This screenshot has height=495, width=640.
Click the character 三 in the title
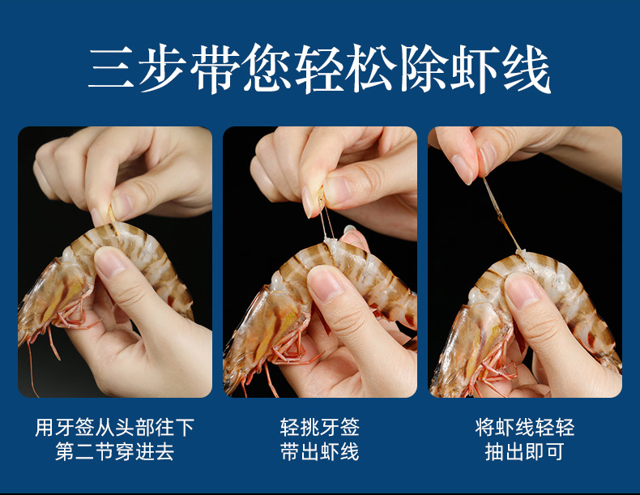111,68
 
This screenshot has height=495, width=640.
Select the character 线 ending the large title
527,68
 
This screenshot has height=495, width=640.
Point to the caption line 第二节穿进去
115,451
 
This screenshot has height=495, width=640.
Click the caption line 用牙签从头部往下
115,427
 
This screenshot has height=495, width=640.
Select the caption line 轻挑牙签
319,427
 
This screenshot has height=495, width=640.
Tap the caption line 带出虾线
319,451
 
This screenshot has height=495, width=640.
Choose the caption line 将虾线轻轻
525,427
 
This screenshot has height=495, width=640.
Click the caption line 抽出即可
525,451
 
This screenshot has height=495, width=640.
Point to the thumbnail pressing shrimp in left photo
109,262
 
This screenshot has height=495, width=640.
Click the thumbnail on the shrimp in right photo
523,290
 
